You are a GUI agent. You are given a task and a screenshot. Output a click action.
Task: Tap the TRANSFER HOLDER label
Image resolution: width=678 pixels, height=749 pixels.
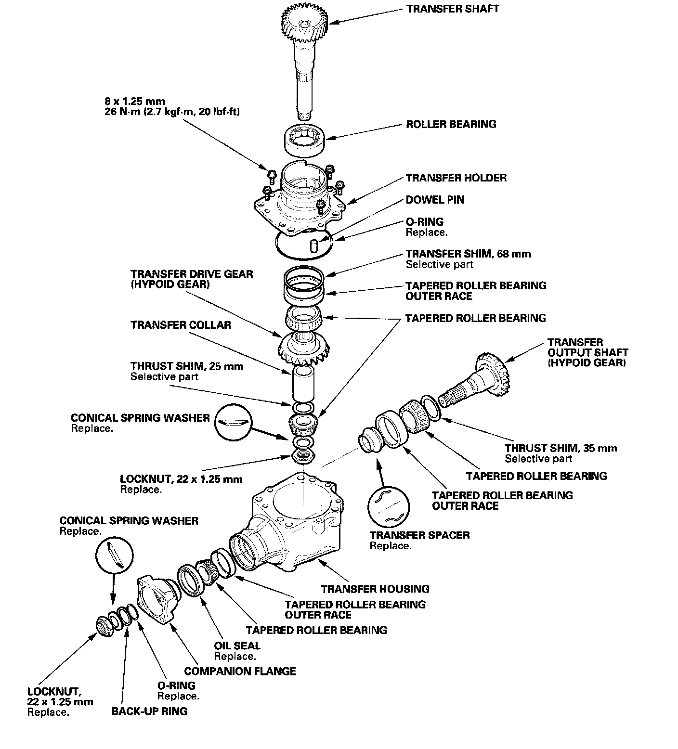pyautogui.click(x=456, y=178)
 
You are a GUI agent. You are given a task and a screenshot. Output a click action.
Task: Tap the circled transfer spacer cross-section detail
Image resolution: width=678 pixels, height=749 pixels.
pyautogui.click(x=388, y=506)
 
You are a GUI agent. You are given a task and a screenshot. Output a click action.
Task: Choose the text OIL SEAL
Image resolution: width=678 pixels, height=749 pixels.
pyautogui.click(x=237, y=646)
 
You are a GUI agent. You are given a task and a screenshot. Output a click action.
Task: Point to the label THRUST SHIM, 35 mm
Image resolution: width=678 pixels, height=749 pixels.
pyautogui.click(x=561, y=448)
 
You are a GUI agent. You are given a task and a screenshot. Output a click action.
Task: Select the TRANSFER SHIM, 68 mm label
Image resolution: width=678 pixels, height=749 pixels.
pyautogui.click(x=468, y=254)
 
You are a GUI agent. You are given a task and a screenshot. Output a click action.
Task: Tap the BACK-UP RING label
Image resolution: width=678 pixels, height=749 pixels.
pyautogui.click(x=149, y=711)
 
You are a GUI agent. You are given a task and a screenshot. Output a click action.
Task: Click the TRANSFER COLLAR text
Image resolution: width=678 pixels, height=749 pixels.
pyautogui.click(x=181, y=325)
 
